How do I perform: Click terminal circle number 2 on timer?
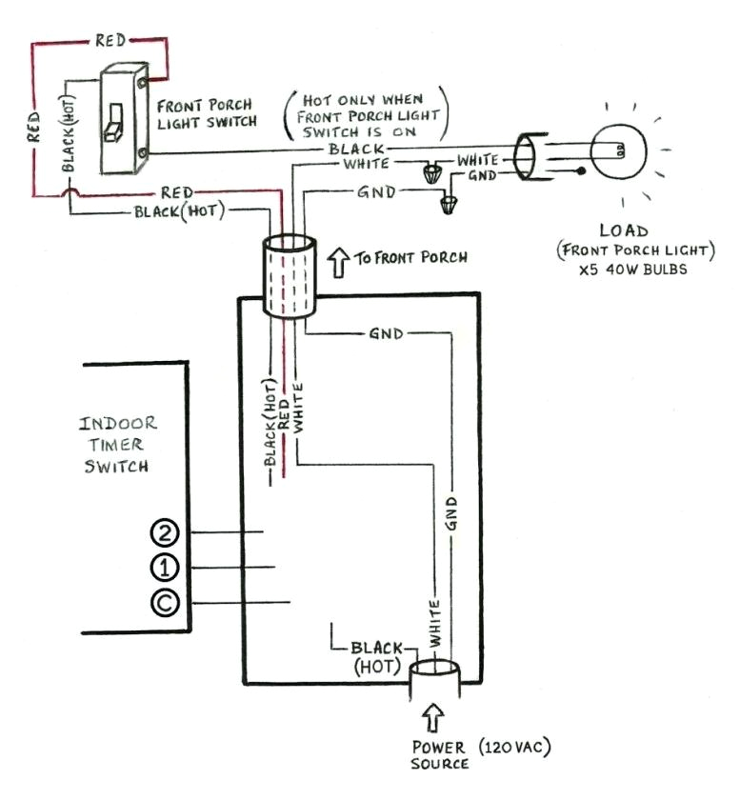[x=165, y=532]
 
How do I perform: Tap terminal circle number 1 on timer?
[x=165, y=568]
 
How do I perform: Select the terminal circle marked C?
[x=165, y=603]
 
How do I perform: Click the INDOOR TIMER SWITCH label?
[x=117, y=444]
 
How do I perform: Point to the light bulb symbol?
[x=617, y=150]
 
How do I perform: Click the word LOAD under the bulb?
[x=624, y=230]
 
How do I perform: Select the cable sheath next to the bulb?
[x=526, y=156]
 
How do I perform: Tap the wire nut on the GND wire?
[x=450, y=204]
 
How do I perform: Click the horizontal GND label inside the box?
[x=385, y=333]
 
